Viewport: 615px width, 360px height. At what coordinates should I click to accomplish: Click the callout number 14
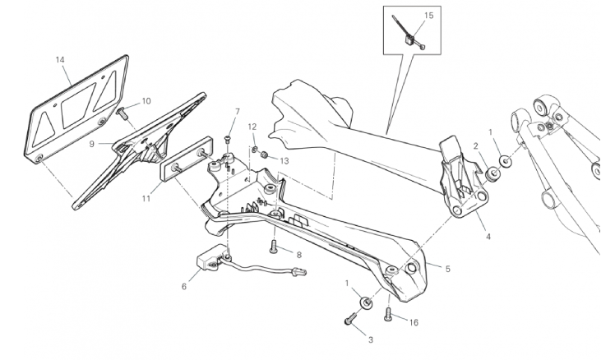click(x=60, y=60)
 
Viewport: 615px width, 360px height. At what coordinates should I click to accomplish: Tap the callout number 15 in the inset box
click(x=429, y=16)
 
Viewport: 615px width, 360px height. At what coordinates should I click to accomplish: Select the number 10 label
click(x=146, y=101)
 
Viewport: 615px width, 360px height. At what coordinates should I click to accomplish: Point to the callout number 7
click(x=238, y=112)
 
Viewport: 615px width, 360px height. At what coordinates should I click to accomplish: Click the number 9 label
click(x=92, y=144)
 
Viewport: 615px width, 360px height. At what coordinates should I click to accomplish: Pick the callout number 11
click(x=146, y=199)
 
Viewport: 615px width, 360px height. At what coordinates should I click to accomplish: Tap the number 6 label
click(x=184, y=287)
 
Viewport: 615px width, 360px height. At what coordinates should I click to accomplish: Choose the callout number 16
click(x=414, y=323)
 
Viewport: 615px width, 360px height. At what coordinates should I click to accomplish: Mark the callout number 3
click(x=371, y=340)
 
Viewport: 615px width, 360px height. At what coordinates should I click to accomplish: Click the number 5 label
click(x=448, y=269)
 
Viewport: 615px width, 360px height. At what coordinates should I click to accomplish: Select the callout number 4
click(x=488, y=237)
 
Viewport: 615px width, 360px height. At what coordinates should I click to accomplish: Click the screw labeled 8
click(x=274, y=247)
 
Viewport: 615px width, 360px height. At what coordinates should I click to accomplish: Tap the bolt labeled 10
click(x=122, y=114)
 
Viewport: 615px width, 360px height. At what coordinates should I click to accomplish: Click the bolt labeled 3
click(x=350, y=318)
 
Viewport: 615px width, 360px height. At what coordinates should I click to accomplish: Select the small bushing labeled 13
click(x=265, y=155)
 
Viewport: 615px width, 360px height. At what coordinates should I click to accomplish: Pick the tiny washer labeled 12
click(x=255, y=149)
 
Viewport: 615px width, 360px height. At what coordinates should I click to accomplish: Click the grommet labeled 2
click(x=492, y=174)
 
